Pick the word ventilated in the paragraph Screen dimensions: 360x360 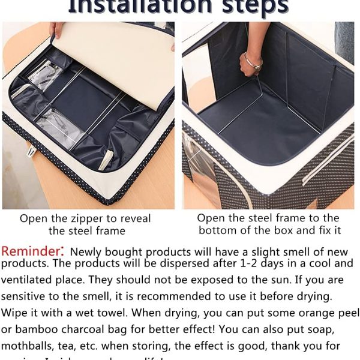28,280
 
